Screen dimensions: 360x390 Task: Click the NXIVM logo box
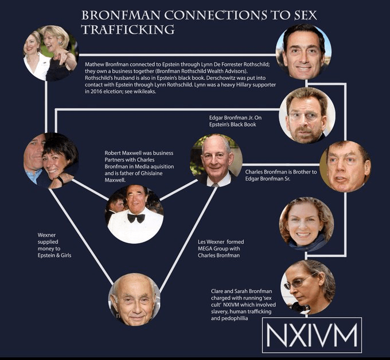[312, 335]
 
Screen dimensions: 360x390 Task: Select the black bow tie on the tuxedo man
[135, 218]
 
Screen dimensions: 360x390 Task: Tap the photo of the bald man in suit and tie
[216, 161]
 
